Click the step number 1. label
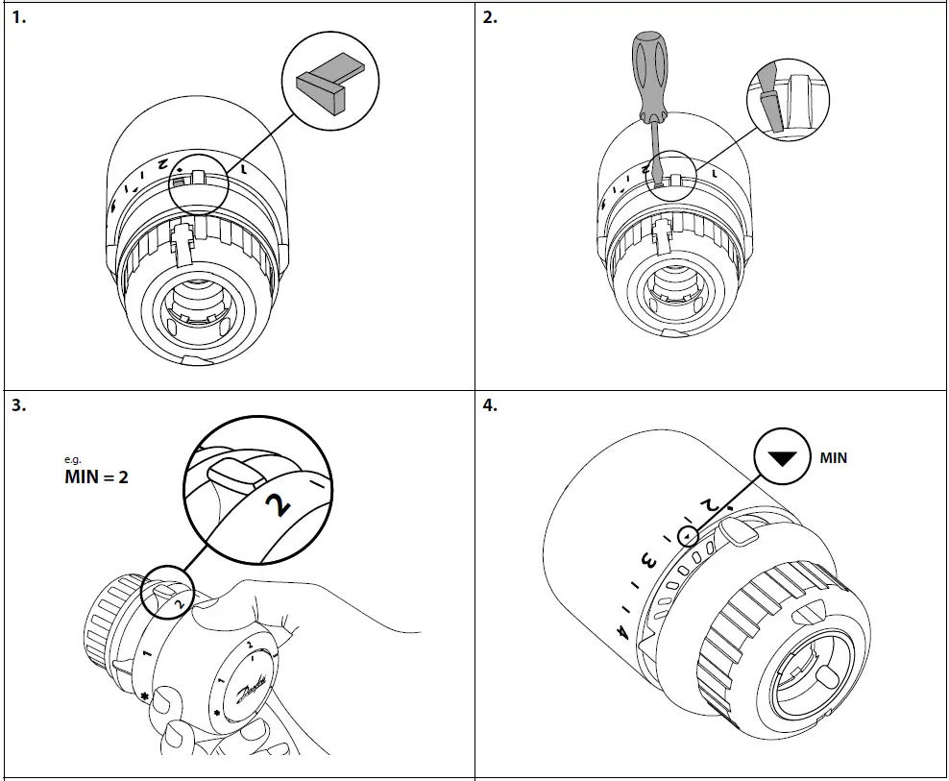(18, 18)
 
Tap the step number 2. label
(490, 18)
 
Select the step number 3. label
(18, 405)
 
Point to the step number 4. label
(490, 405)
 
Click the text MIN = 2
(95, 476)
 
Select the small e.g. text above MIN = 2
(73, 460)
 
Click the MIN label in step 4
(833, 458)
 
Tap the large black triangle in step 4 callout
(786, 458)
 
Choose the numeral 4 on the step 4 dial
(622, 633)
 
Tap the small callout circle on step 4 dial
(687, 535)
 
